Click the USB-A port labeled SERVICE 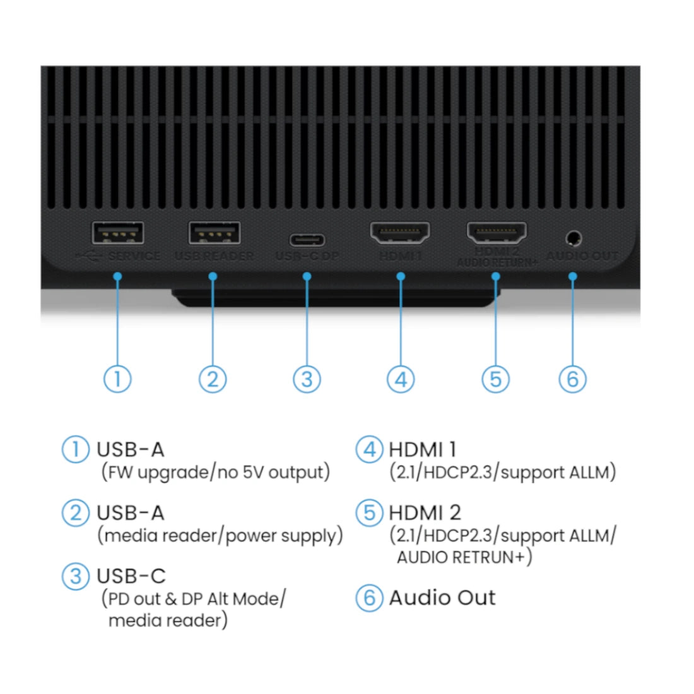(118, 233)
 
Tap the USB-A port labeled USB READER (215, 233)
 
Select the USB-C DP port (307, 240)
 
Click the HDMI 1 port (400, 233)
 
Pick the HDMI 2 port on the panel (497, 233)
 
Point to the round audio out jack (573, 238)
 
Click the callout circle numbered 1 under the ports (117, 379)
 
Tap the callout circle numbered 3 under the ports (307, 379)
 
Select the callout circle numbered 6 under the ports (573, 379)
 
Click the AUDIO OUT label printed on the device (582, 256)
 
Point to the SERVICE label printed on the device (134, 256)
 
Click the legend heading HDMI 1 (422, 450)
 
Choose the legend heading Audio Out (442, 597)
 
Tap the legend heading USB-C (131, 576)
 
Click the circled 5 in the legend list (369, 512)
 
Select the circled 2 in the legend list (76, 512)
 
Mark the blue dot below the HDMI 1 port (401, 276)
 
